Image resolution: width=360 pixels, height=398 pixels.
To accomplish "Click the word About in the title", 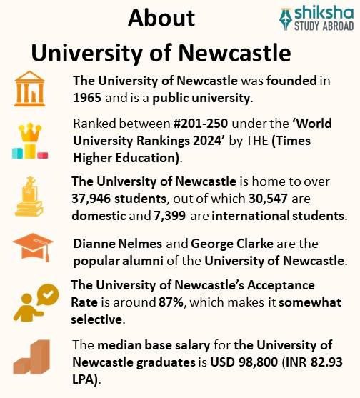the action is (162, 19).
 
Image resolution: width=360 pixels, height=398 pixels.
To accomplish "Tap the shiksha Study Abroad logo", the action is (316, 18).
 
